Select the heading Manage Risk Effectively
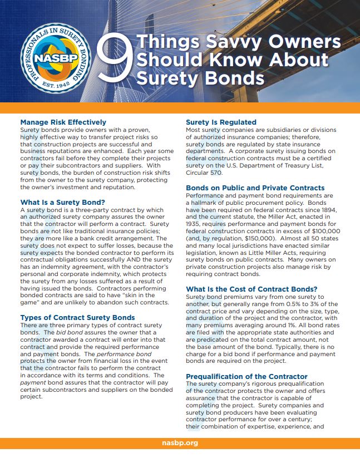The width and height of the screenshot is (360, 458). (x=63, y=122)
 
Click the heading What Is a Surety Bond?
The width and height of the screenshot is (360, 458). (x=62, y=202)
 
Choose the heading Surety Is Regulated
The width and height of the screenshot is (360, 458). (x=221, y=122)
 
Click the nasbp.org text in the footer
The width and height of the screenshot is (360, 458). (x=180, y=444)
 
